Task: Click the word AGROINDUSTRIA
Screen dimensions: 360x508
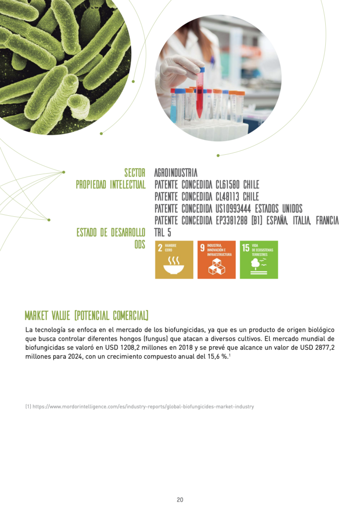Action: pyautogui.click(x=176, y=173)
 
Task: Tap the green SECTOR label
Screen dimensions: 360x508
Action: pyautogui.click(x=135, y=173)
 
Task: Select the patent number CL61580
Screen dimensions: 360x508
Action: pyautogui.click(x=228, y=185)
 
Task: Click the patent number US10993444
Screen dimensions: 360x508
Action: pyautogui.click(x=233, y=208)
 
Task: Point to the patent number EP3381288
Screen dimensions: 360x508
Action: pyautogui.click(x=232, y=221)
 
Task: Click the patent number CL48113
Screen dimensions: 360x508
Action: pyautogui.click(x=228, y=196)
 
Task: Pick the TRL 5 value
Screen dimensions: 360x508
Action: pyautogui.click(x=163, y=233)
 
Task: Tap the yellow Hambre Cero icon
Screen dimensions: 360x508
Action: pyautogui.click(x=174, y=260)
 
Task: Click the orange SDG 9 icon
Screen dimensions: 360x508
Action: pyautogui.click(x=216, y=260)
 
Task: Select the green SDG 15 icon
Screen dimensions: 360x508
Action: pyautogui.click(x=259, y=260)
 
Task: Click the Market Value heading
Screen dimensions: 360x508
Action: pyautogui.click(x=86, y=315)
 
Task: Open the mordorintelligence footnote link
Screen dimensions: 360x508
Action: pyautogui.click(x=143, y=406)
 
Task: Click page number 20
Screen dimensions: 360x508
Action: pyautogui.click(x=180, y=500)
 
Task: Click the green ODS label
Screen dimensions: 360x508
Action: pyautogui.click(x=140, y=245)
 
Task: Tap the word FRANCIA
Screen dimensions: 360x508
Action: pyautogui.click(x=327, y=221)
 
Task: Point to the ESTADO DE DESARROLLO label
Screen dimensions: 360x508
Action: pyautogui.click(x=111, y=233)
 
